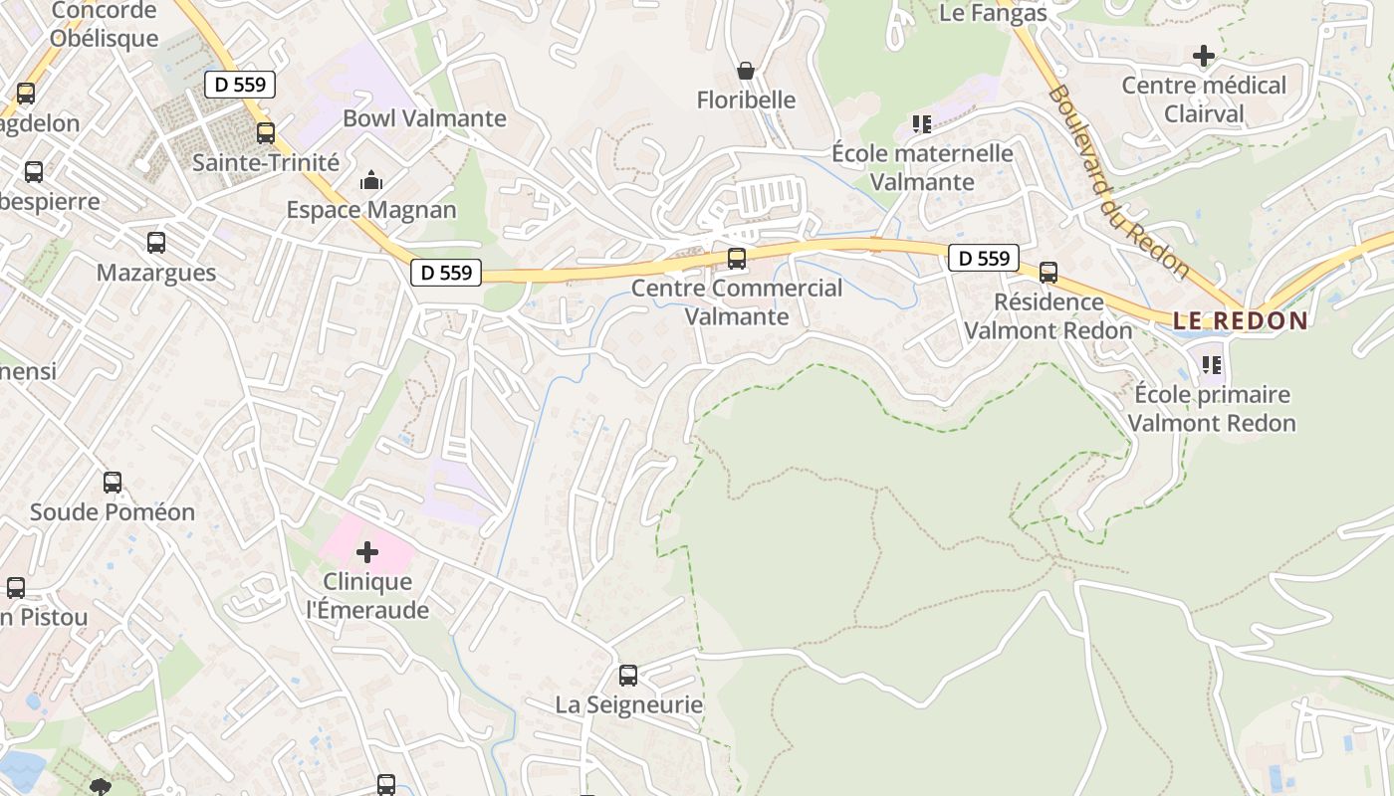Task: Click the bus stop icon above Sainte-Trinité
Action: pyautogui.click(x=265, y=132)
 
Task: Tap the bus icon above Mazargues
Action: pyautogui.click(x=156, y=242)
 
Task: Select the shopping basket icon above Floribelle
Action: pyautogui.click(x=745, y=71)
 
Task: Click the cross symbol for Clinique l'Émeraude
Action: pyautogui.click(x=367, y=551)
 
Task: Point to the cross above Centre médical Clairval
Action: pyautogui.click(x=1203, y=56)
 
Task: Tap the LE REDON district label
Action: pyautogui.click(x=1240, y=320)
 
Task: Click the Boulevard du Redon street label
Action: pyautogui.click(x=1118, y=180)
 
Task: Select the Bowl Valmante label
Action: pyautogui.click(x=424, y=118)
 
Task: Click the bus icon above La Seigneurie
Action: pyautogui.click(x=628, y=676)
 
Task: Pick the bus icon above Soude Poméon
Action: pyautogui.click(x=113, y=483)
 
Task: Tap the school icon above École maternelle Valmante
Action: pyautogui.click(x=922, y=124)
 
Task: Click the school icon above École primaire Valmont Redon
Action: pyautogui.click(x=1212, y=365)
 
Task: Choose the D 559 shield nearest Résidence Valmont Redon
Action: pyautogui.click(x=984, y=259)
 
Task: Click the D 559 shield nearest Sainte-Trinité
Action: pyautogui.click(x=240, y=85)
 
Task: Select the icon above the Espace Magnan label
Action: pyautogui.click(x=371, y=181)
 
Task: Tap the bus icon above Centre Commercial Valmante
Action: pyautogui.click(x=737, y=259)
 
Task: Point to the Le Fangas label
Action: pyautogui.click(x=993, y=13)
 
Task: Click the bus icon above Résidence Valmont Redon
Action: pyautogui.click(x=1048, y=272)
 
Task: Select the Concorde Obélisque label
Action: pyautogui.click(x=104, y=25)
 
